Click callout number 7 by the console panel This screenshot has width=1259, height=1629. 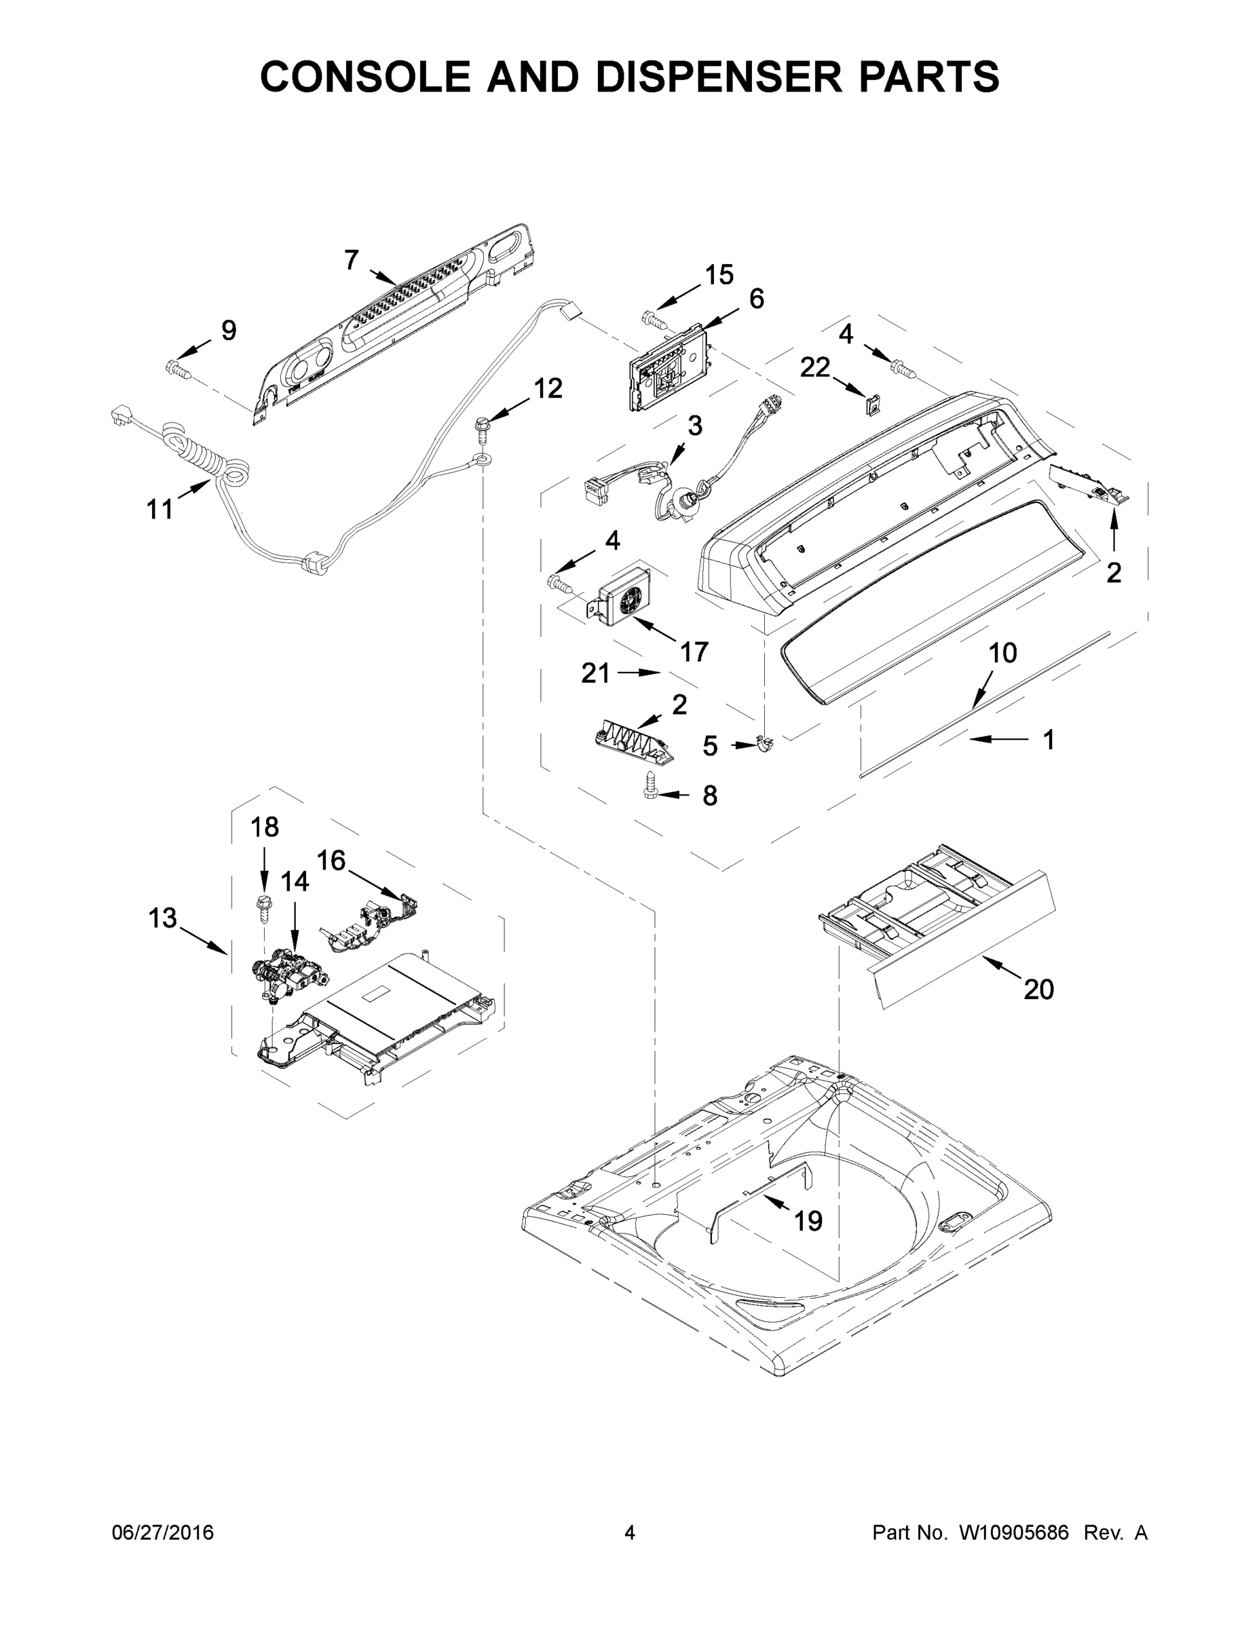click(352, 261)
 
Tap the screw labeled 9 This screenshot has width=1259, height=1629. click(176, 367)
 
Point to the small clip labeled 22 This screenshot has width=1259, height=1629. click(871, 405)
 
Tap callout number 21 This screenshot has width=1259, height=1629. click(595, 673)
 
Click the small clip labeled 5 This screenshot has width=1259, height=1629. click(763, 745)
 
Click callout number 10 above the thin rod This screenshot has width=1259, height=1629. click(1002, 654)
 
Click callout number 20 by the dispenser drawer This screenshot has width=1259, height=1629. click(1038, 990)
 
